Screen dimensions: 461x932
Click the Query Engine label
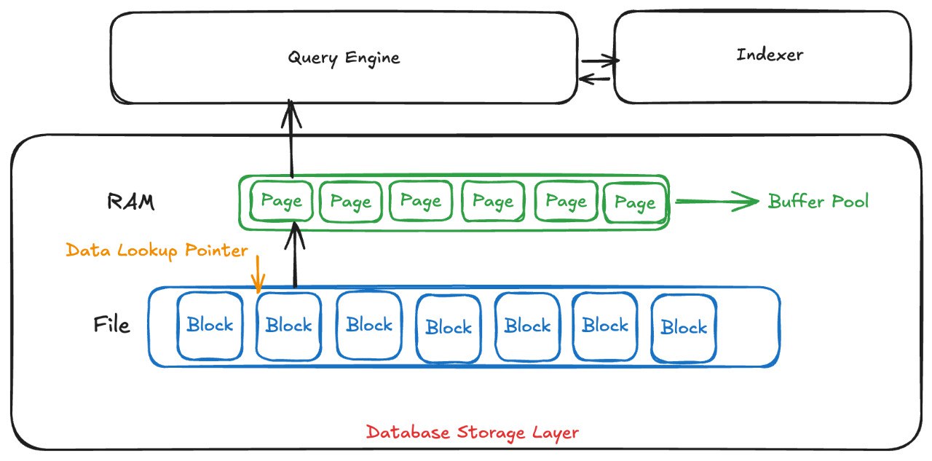(344, 58)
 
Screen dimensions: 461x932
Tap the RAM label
(130, 202)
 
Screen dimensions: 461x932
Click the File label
(112, 324)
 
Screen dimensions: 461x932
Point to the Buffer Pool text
(818, 202)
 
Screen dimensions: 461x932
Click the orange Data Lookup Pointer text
(157, 251)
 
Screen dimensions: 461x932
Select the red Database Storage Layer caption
(472, 433)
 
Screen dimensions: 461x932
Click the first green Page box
(281, 202)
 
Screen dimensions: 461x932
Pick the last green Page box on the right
(634, 202)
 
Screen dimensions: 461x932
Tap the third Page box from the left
(420, 202)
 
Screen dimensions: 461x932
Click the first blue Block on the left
(209, 326)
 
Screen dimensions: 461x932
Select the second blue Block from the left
(288, 326)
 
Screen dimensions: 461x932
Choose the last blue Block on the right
(684, 328)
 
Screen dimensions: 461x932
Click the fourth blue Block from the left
(448, 328)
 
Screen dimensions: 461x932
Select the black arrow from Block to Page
(295, 255)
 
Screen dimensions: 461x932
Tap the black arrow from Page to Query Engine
(292, 138)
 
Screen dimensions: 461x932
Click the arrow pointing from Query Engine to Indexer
(599, 61)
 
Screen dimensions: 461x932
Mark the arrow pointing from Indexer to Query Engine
(596, 79)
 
